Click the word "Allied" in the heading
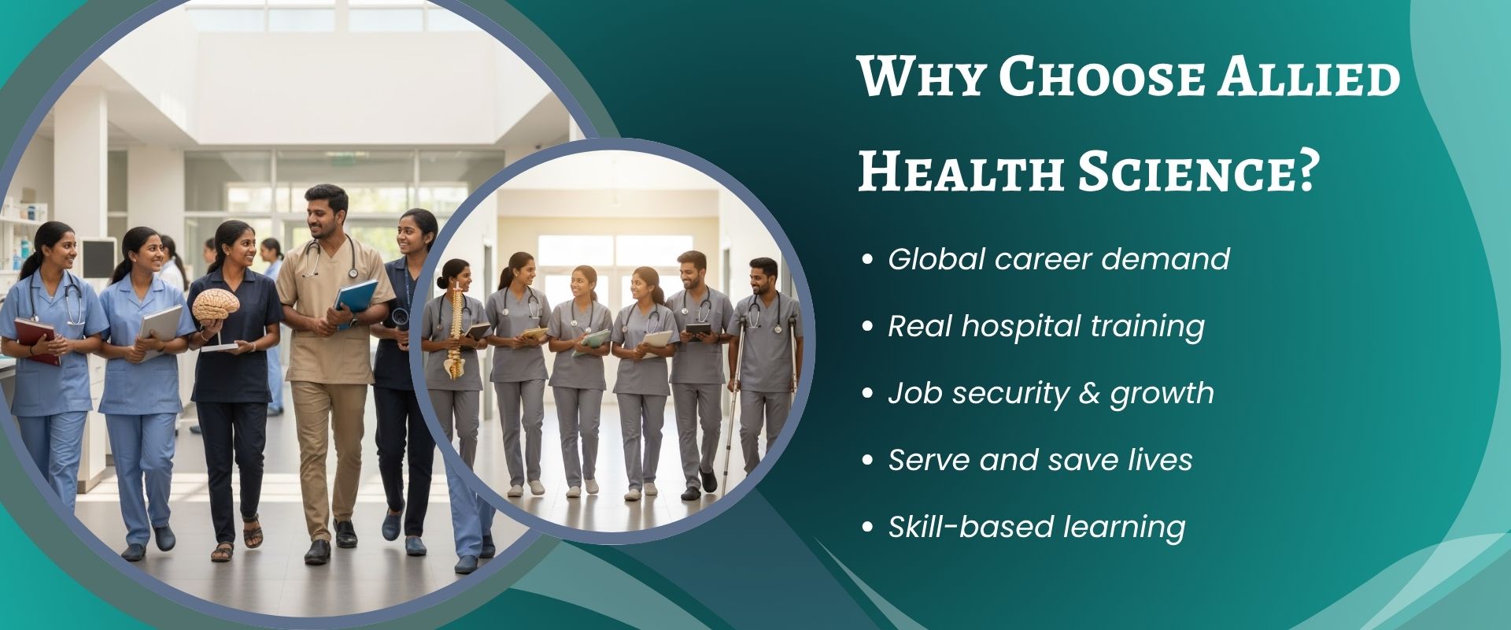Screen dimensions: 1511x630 [x=1307, y=77]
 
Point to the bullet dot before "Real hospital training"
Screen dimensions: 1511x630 [x=868, y=326]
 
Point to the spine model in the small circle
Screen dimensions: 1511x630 [x=455, y=331]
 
